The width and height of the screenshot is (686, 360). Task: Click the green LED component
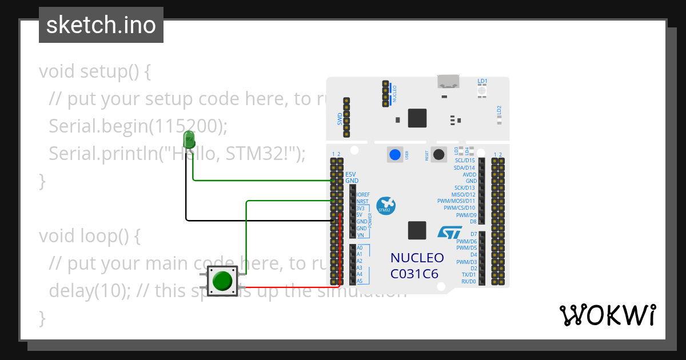(x=189, y=139)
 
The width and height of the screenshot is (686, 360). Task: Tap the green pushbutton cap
(x=222, y=281)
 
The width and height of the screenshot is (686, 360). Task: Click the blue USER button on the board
(x=394, y=154)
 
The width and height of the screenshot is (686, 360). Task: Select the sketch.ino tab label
(x=101, y=25)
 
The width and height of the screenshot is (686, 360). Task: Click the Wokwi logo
(x=607, y=315)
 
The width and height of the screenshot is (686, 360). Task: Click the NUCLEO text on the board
(x=417, y=258)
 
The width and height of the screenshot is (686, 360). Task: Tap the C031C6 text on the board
(x=414, y=274)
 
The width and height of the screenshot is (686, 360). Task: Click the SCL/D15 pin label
(x=464, y=161)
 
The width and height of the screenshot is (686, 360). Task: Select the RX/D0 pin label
(x=468, y=282)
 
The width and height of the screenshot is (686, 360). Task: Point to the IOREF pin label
(x=363, y=195)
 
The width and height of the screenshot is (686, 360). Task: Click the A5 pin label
(x=360, y=281)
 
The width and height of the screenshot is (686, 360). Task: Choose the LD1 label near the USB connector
(x=482, y=81)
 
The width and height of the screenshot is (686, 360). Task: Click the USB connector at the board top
(x=449, y=81)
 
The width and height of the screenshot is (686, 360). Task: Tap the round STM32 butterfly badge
(x=386, y=206)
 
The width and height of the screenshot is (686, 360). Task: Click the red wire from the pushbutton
(x=292, y=286)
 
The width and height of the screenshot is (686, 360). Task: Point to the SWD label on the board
(x=340, y=119)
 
